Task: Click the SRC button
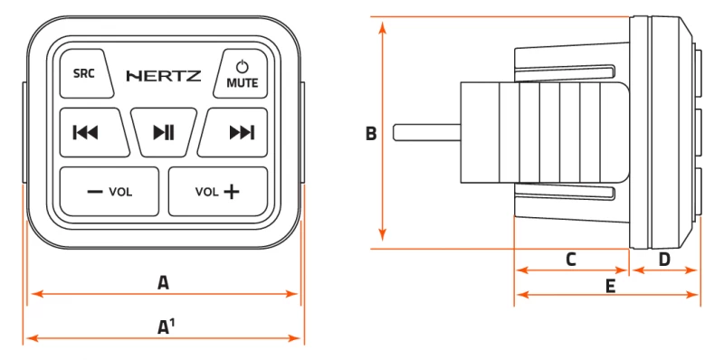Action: click(86, 73)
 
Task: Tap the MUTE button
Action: click(241, 73)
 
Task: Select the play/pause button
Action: click(164, 132)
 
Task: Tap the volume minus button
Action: click(110, 192)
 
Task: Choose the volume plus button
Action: click(218, 192)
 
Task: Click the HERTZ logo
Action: click(164, 76)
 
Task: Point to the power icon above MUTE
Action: click(242, 67)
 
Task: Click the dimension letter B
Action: click(371, 134)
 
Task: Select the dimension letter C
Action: click(571, 260)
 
